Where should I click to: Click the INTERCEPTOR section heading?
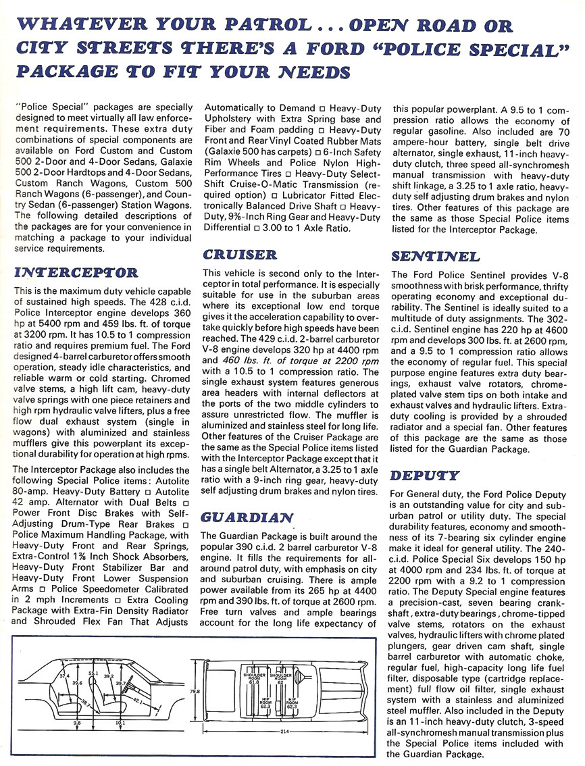76,273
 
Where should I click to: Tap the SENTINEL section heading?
436,257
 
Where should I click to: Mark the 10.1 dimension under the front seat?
122,723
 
